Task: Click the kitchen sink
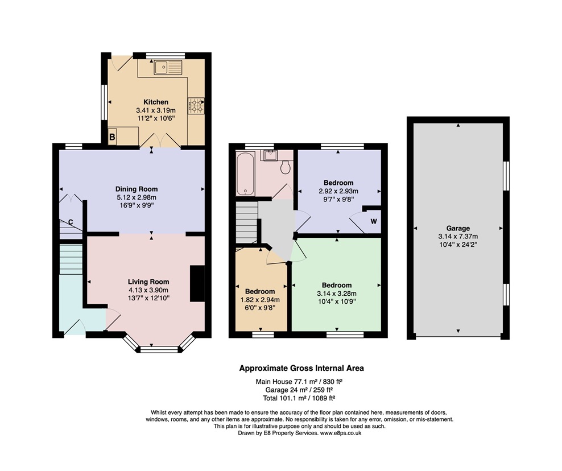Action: coord(168,67)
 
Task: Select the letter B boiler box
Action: coord(112,137)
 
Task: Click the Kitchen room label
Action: coord(156,102)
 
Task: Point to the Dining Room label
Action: coord(136,189)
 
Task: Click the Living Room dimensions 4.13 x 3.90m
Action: coord(148,290)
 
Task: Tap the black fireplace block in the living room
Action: coord(197,283)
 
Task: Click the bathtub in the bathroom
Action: coord(246,173)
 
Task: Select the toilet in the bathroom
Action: coord(286,167)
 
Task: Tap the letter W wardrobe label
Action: coord(374,221)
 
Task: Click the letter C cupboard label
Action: coord(71,222)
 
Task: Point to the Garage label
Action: coord(458,228)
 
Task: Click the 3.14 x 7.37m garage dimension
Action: coord(458,236)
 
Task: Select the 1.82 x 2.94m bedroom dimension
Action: coord(260,300)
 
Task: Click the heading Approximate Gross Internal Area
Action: coord(301,368)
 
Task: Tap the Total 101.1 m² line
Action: coord(299,398)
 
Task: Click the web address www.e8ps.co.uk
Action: coord(341,433)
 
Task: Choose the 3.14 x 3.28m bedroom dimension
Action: coord(337,293)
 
